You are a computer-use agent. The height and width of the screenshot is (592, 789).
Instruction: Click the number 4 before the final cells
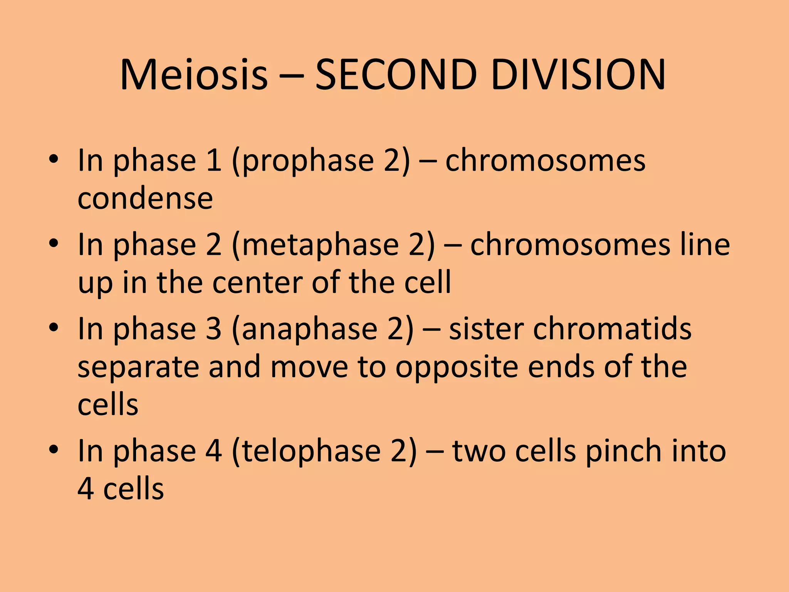(x=86, y=489)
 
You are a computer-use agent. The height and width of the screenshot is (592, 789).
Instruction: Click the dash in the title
(x=291, y=75)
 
